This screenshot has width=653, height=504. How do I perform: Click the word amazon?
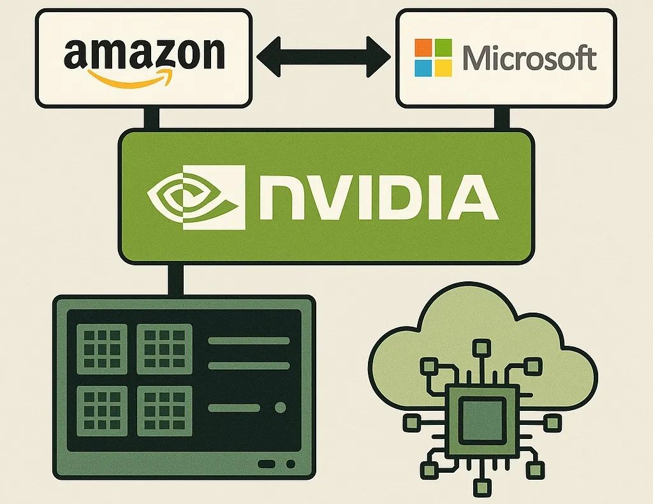click(x=144, y=54)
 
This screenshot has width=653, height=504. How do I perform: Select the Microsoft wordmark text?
click(x=529, y=58)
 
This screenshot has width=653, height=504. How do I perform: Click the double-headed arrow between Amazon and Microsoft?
click(x=323, y=56)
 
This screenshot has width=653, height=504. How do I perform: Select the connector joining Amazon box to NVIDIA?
click(x=152, y=118)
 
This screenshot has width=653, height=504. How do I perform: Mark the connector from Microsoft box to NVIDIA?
click(x=502, y=118)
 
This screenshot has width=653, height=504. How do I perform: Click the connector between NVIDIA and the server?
click(x=174, y=279)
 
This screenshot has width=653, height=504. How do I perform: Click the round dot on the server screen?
click(x=279, y=408)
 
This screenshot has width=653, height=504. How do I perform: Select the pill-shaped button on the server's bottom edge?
click(x=267, y=464)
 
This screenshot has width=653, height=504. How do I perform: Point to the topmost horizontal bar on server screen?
click(x=249, y=341)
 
